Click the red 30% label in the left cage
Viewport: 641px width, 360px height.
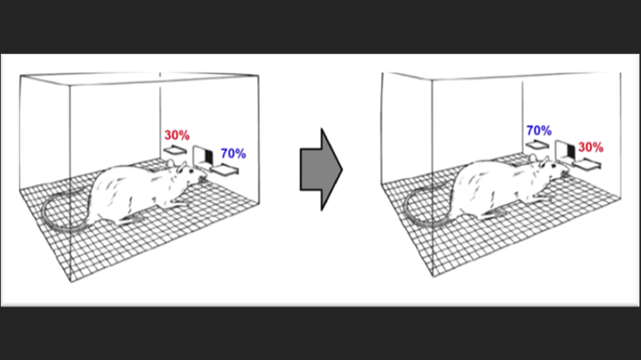click(x=177, y=135)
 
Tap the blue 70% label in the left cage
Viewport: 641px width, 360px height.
click(x=233, y=153)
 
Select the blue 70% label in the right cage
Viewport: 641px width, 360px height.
click(x=538, y=131)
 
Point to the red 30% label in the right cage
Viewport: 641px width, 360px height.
click(x=591, y=147)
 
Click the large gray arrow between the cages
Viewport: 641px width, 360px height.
click(x=321, y=169)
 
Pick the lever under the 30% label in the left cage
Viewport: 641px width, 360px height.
click(x=175, y=150)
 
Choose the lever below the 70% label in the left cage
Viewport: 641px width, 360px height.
click(x=225, y=169)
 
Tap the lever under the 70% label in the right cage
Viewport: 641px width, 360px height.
click(x=538, y=145)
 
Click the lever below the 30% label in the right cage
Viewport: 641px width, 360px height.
click(x=587, y=164)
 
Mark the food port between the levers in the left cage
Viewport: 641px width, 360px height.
click(x=203, y=156)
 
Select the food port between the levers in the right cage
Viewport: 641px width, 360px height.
click(x=566, y=151)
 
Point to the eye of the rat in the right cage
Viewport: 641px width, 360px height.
click(x=554, y=166)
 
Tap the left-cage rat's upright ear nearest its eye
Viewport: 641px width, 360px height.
click(x=181, y=166)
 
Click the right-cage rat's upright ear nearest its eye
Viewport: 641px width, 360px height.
click(x=544, y=161)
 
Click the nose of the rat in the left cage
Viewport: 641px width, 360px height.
click(x=205, y=179)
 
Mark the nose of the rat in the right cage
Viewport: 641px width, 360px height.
click(x=567, y=174)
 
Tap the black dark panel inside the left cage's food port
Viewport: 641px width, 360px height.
click(x=209, y=157)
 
